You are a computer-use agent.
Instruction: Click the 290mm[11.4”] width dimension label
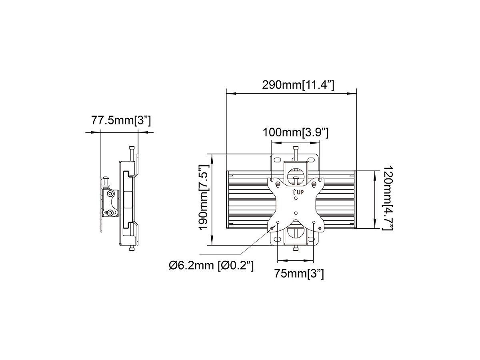tap(298, 85)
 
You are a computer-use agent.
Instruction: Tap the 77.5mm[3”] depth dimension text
tap(121, 120)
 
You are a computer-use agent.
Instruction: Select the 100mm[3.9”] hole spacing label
tap(296, 132)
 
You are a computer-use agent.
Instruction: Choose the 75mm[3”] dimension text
tap(299, 274)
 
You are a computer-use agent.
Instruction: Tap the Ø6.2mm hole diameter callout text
tap(211, 266)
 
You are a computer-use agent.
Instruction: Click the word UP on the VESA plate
tap(300, 192)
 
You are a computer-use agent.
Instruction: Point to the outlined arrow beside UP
tap(294, 192)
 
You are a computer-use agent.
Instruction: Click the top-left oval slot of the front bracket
tap(277, 160)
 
